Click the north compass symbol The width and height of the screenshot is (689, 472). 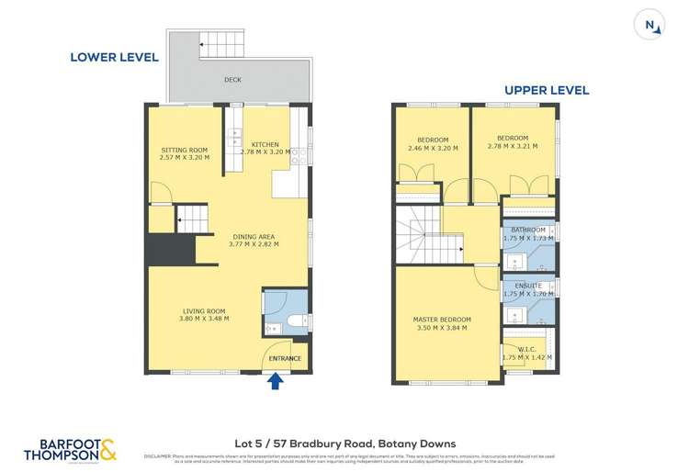[650, 26]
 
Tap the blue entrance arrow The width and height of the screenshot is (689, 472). [274, 381]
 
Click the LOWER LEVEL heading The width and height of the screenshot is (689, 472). [115, 57]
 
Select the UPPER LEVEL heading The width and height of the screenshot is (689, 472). [546, 90]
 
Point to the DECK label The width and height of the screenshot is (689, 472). [232, 80]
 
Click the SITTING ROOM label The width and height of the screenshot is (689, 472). [185, 150]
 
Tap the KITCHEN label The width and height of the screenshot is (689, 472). [265, 144]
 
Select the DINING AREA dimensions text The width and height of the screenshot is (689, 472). [254, 244]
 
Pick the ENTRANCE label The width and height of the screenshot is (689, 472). [284, 357]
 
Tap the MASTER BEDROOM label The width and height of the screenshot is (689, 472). [441, 319]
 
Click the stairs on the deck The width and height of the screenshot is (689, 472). [220, 44]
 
